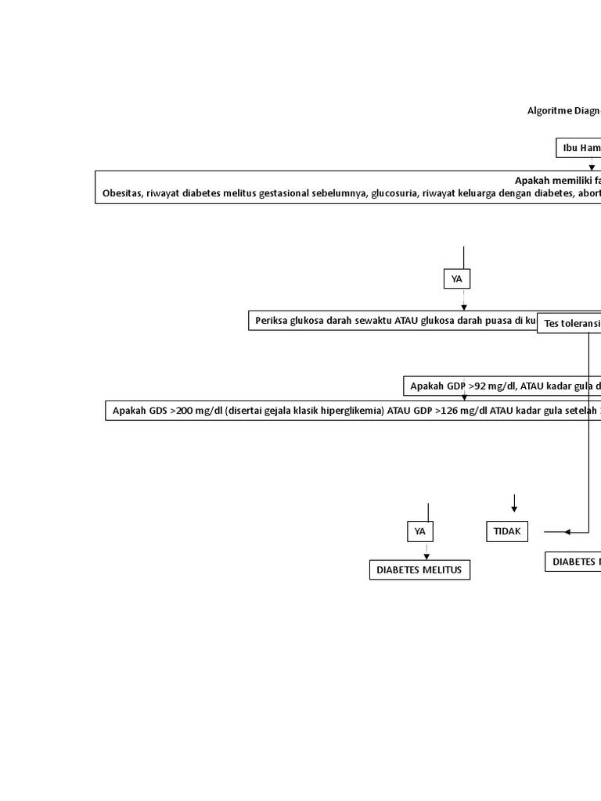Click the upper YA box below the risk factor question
(457, 279)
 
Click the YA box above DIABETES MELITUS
(420, 532)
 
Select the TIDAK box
(507, 532)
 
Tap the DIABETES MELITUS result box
(419, 570)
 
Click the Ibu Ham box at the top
(579, 148)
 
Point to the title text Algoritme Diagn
(563, 111)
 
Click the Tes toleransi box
(569, 324)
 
